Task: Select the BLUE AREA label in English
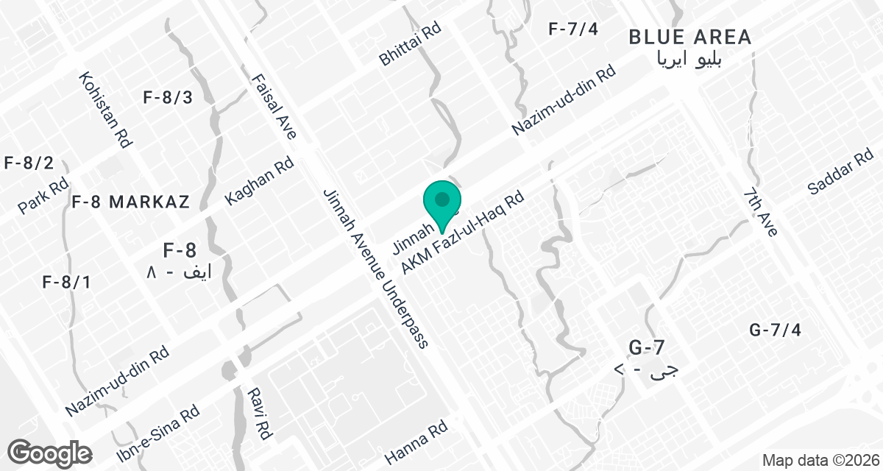pyautogui.click(x=690, y=37)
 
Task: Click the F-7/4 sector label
pyautogui.click(x=575, y=29)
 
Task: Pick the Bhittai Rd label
pyautogui.click(x=410, y=44)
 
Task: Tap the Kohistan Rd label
pyautogui.click(x=106, y=110)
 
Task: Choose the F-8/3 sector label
pyautogui.click(x=168, y=97)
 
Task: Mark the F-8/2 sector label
pyautogui.click(x=28, y=163)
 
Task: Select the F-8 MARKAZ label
pyautogui.click(x=131, y=202)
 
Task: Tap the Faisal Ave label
pyautogui.click(x=274, y=107)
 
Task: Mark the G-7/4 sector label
pyautogui.click(x=775, y=330)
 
